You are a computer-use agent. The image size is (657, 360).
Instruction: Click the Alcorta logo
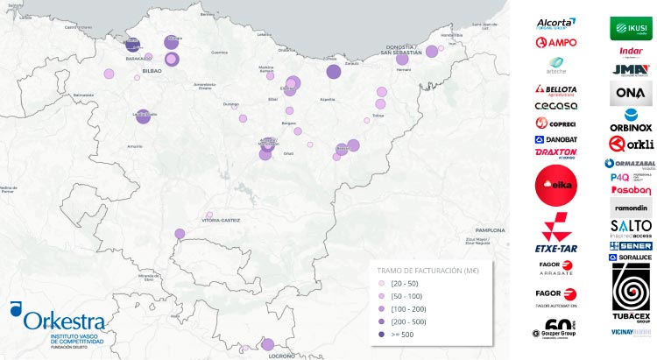click(x=555, y=24)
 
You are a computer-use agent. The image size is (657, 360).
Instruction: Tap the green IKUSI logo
click(x=631, y=28)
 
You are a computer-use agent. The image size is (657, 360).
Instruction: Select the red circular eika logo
click(x=555, y=186)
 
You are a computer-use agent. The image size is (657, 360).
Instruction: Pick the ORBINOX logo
click(x=631, y=120)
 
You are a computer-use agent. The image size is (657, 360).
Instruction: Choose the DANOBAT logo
click(x=555, y=139)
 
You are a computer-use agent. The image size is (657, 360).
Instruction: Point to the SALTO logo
click(x=631, y=227)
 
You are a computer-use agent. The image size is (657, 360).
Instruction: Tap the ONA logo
click(x=631, y=93)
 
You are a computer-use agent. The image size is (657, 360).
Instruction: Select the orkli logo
click(x=631, y=145)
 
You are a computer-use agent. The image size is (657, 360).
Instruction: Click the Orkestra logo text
click(x=65, y=321)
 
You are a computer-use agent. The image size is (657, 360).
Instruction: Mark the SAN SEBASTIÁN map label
click(x=402, y=53)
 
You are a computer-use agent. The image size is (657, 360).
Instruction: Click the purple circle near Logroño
click(x=268, y=344)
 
